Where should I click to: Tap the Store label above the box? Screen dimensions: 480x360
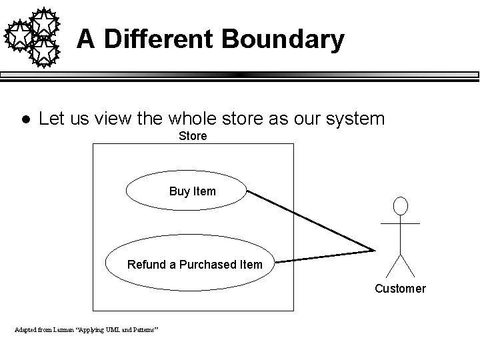coord(193,136)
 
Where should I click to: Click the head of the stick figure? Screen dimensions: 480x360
coord(400,206)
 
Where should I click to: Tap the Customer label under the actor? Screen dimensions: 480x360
coord(399,289)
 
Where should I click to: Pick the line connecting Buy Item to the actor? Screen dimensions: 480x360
coord(310,221)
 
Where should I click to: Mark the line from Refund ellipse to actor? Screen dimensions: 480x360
coord(323,256)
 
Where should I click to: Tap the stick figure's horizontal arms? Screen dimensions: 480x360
coord(400,223)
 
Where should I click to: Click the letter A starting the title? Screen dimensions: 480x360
coord(85,39)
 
